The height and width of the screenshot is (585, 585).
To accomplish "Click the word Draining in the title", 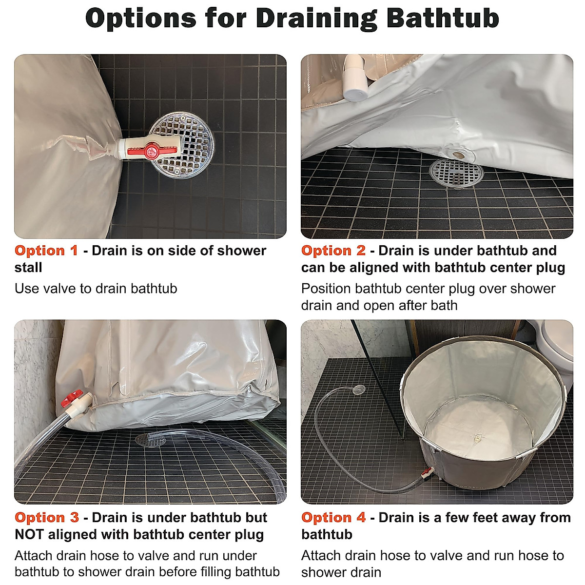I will point(316,19).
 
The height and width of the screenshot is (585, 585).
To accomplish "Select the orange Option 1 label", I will point(46,251).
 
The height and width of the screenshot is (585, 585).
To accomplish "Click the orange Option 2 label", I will point(333,251).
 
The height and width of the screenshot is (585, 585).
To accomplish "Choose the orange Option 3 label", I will point(47,518).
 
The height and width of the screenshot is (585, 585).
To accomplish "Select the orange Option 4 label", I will point(333,518).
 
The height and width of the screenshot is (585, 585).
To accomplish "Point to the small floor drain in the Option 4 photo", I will point(358,390).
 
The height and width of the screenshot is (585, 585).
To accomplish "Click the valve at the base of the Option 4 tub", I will point(427,472).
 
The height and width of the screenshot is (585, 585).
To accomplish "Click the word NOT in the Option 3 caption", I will point(30,535).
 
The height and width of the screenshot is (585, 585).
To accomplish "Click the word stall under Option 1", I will point(28,268).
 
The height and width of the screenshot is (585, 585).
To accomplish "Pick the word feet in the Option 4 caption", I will point(462,518).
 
